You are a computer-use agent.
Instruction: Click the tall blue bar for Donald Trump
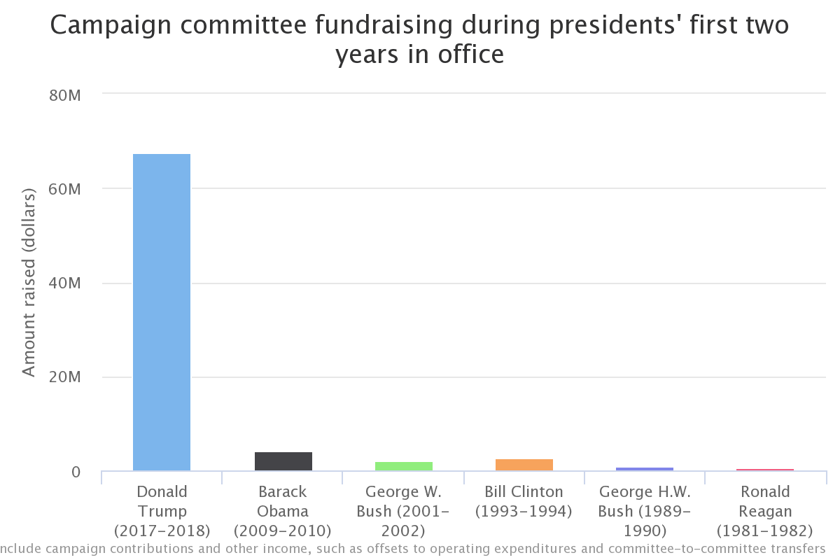tap(162, 312)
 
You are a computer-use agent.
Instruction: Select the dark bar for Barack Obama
tap(283, 461)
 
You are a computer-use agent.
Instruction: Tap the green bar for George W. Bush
tap(403, 466)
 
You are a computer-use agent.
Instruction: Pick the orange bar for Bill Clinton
tap(524, 465)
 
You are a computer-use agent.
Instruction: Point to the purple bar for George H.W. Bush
tap(644, 469)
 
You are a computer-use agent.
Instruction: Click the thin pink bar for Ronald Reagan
tap(764, 470)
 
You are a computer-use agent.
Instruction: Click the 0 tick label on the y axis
tap(76, 472)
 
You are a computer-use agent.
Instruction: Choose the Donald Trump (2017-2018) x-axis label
tap(162, 511)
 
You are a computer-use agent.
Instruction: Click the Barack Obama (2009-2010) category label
tap(283, 511)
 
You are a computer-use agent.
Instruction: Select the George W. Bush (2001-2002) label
tap(403, 511)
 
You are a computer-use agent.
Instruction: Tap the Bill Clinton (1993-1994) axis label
tap(524, 501)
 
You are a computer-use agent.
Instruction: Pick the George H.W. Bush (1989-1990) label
tap(644, 511)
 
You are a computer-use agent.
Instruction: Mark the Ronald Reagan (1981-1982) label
tap(764, 511)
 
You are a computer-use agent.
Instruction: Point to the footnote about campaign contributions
tap(413, 548)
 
